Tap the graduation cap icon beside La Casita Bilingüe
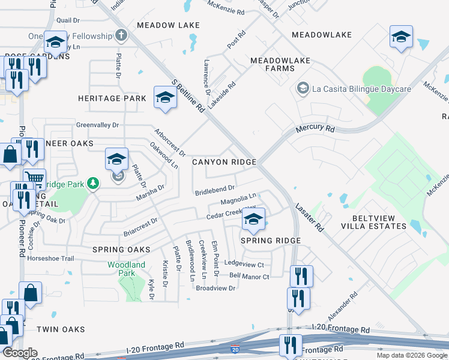(303, 89)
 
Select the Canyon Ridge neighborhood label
(224, 162)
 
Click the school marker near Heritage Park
(165, 97)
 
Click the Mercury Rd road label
(315, 129)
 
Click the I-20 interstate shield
(235, 349)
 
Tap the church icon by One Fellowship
(120, 36)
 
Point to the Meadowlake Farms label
(273, 65)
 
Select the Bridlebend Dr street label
(214, 191)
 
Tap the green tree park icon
(92, 182)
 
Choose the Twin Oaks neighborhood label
(61, 329)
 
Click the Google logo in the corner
(20, 353)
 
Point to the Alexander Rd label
(343, 307)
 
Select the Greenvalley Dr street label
(97, 125)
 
